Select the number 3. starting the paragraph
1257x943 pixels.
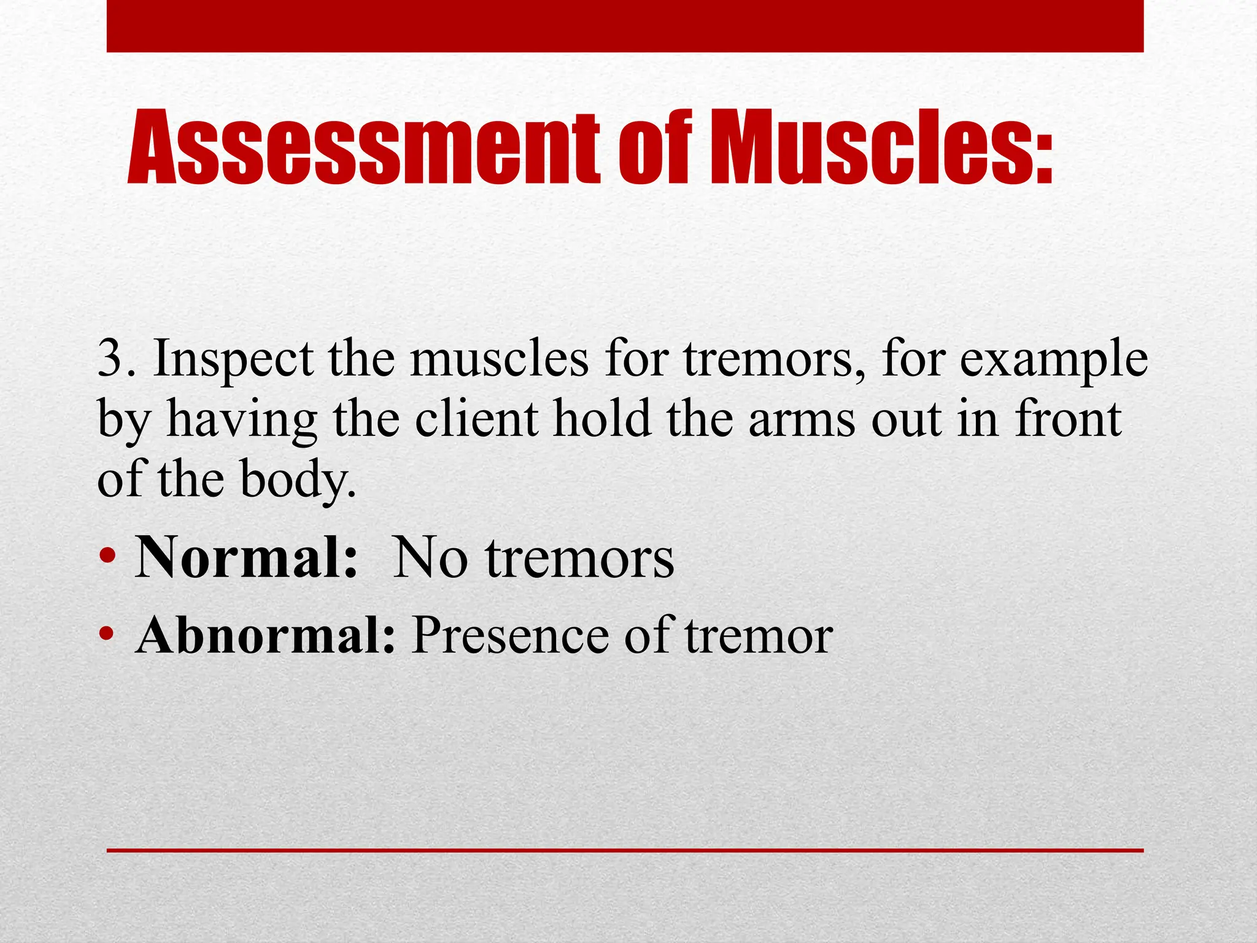pyautogui.click(x=118, y=360)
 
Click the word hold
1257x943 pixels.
pyautogui.click(x=602, y=419)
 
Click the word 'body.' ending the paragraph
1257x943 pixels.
pyautogui.click(x=297, y=480)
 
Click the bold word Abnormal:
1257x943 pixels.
pyautogui.click(x=265, y=636)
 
